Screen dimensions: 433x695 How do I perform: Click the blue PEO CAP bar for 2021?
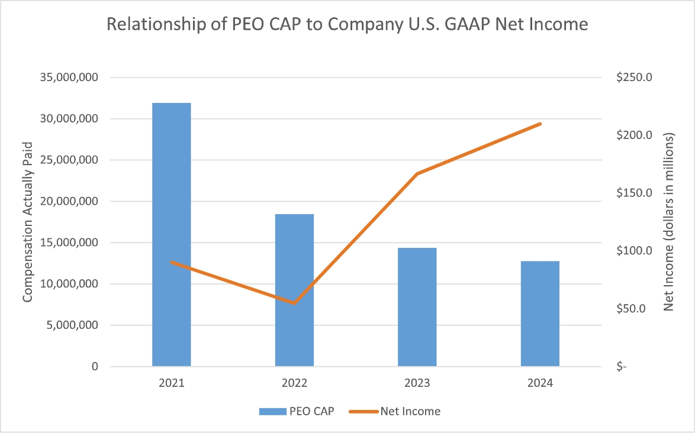pos(172,234)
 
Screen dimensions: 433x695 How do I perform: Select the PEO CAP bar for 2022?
pos(294,290)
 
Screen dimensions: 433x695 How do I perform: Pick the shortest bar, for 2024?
pos(540,314)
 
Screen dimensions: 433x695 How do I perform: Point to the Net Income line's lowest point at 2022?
pos(294,303)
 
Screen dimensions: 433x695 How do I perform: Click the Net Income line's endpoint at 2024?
pos(540,124)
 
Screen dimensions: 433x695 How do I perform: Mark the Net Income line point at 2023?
pos(417,174)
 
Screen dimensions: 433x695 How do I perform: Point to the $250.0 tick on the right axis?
pos(634,77)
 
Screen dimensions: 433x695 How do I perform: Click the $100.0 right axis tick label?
pos(634,251)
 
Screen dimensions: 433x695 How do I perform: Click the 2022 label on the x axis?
pos(294,383)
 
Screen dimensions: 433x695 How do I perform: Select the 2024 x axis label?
pos(540,383)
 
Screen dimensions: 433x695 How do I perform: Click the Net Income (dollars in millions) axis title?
pos(670,222)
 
